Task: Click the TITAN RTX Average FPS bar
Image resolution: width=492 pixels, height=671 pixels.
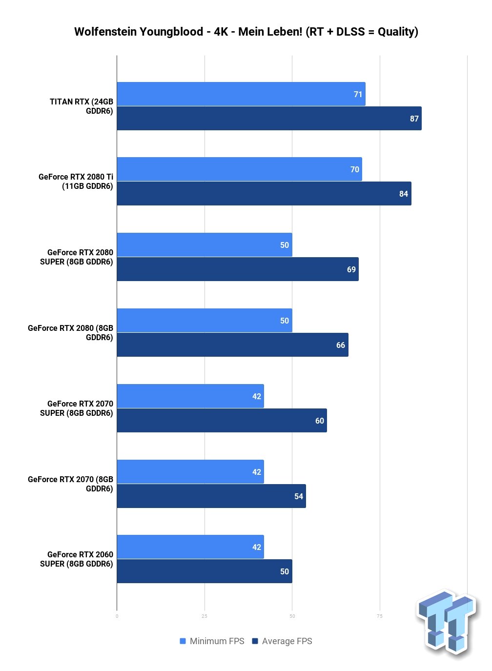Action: pos(269,119)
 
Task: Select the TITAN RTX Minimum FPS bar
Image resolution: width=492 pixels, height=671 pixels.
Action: pos(241,94)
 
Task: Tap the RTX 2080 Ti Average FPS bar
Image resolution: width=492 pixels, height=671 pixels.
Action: pos(264,194)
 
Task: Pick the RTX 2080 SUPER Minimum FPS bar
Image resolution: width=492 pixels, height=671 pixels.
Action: pos(204,245)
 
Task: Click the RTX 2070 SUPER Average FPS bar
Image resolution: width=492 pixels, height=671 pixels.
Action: pos(222,421)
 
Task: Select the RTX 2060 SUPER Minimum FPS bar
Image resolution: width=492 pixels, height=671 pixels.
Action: pos(190,547)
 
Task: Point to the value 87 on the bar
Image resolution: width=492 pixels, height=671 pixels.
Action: pos(414,119)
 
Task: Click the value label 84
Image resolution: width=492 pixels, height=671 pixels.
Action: pos(404,194)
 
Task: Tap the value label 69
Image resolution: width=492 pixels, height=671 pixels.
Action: pos(351,270)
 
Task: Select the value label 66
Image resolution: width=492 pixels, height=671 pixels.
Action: pos(341,346)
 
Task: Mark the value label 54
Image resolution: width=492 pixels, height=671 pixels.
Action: pos(299,497)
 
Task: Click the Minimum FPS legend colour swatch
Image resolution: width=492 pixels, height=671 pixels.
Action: pos(183,641)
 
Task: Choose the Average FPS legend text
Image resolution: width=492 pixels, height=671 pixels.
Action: pos(287,641)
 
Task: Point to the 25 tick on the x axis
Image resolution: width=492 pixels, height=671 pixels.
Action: pos(205,616)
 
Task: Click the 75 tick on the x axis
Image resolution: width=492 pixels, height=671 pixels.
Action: pos(380,616)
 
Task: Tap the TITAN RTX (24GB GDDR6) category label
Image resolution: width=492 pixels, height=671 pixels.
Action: pos(82,106)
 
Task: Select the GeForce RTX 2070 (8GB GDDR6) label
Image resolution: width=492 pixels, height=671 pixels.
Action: pos(71,484)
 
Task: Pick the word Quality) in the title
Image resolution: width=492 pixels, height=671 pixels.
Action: pos(398,32)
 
